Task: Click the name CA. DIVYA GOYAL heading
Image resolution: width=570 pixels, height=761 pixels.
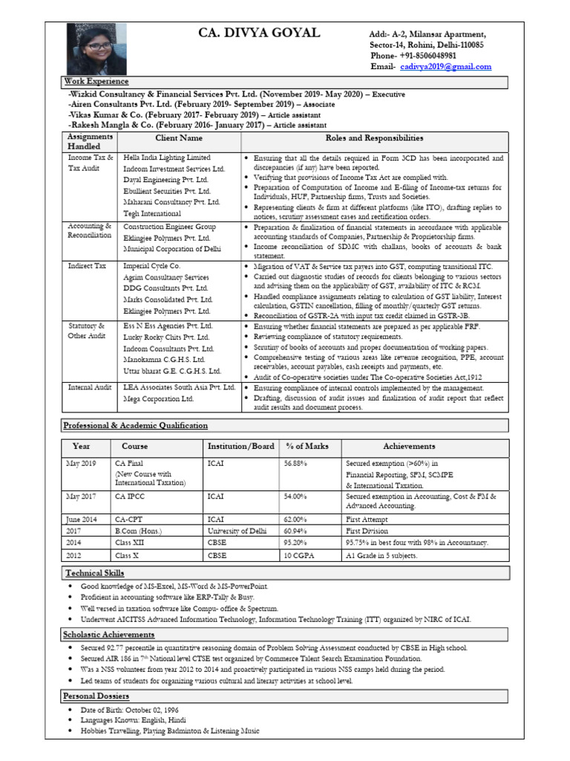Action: [259, 33]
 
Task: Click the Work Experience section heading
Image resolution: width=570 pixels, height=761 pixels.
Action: [96, 82]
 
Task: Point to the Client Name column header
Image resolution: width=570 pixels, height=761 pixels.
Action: [178, 138]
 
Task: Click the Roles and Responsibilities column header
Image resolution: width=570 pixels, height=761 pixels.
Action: [374, 138]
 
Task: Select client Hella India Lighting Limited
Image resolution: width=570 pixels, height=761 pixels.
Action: [167, 158]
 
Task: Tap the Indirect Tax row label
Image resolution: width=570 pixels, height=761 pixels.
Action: [88, 265]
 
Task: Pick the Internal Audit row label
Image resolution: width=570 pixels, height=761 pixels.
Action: [91, 388]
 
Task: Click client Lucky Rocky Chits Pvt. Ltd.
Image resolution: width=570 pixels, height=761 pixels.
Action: [167, 337]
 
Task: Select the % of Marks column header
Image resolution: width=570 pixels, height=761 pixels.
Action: [307, 447]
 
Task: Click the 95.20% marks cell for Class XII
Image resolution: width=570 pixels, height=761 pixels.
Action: [295, 543]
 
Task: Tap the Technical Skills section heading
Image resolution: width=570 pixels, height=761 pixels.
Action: [94, 573]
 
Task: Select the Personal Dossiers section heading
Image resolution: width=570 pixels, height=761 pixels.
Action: [96, 696]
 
